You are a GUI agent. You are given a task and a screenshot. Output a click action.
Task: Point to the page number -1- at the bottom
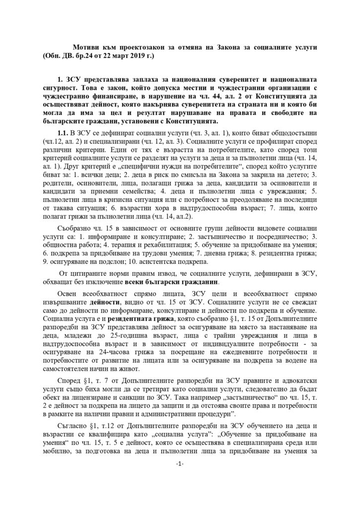[x=180, y=477]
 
